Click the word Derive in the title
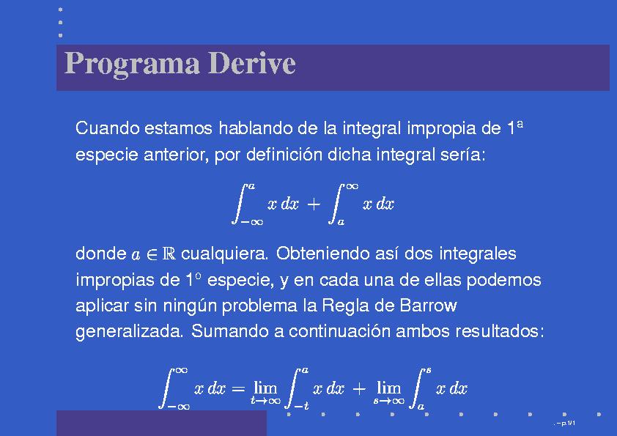(x=251, y=62)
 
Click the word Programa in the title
(x=132, y=64)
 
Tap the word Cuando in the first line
(x=108, y=128)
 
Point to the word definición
(x=284, y=155)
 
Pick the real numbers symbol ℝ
(x=169, y=254)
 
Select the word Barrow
(x=428, y=306)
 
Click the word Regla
(x=345, y=306)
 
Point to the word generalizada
(x=130, y=332)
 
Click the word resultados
(x=500, y=331)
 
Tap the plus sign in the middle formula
(x=314, y=204)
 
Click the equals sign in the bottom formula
(x=238, y=389)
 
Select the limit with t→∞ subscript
(x=265, y=392)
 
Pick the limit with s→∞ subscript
(x=389, y=392)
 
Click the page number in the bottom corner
(x=566, y=424)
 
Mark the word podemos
(x=503, y=280)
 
